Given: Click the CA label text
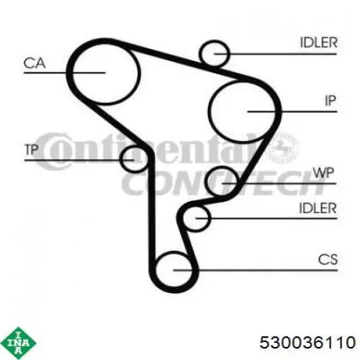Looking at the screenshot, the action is click(35, 63).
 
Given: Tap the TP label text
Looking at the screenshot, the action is click(32, 150).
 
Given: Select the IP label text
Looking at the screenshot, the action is click(330, 101).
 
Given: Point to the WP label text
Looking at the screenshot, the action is click(323, 173).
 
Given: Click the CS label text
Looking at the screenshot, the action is click(328, 259).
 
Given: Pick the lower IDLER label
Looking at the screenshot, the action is click(318, 208).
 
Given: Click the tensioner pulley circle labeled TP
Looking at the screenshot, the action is click(121, 159).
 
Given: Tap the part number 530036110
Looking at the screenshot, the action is click(307, 343).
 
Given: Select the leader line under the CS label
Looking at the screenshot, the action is click(256, 270).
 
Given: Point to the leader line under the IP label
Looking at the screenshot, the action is click(292, 112).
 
